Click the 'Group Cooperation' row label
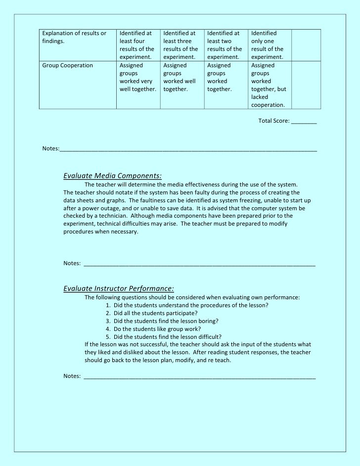(68, 65)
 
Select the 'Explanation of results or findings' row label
(74, 37)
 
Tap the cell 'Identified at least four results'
(137, 45)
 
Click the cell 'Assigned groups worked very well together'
(137, 77)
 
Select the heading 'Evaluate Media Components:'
(112, 175)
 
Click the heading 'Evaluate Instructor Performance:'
(119, 288)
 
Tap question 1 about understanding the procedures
(187, 305)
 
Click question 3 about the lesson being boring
(162, 321)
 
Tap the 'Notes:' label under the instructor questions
(72, 376)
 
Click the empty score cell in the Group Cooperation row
(306, 85)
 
